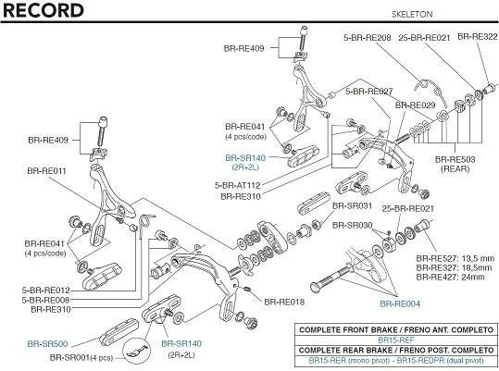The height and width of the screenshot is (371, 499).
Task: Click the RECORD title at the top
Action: [x=43, y=10]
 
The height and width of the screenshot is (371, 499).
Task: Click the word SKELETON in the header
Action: [x=412, y=14]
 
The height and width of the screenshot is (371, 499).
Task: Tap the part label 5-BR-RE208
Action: [x=368, y=38]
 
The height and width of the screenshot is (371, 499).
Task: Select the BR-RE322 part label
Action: [x=478, y=37]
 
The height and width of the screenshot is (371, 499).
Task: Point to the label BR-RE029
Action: [x=415, y=105]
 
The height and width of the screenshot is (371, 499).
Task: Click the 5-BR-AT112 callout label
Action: [x=237, y=185]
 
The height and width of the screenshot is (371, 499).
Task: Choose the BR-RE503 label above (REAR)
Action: [x=455, y=159]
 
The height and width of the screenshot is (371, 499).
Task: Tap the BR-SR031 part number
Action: [x=352, y=205]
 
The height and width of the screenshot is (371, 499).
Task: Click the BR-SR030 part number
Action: [x=353, y=226]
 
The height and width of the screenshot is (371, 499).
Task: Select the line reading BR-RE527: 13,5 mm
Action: [x=455, y=258]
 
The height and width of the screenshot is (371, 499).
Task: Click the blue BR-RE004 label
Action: [x=400, y=303]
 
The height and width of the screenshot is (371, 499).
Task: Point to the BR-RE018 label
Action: [x=284, y=302]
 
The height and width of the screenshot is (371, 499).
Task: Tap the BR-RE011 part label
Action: [x=47, y=171]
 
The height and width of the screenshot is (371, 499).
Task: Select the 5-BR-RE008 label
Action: [x=46, y=300]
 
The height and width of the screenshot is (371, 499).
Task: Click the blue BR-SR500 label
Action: [x=47, y=344]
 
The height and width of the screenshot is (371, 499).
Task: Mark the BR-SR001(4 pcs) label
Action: [x=81, y=358]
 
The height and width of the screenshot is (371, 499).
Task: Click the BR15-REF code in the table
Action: [x=396, y=340]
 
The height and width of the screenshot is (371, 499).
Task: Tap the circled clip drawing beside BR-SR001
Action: [x=137, y=351]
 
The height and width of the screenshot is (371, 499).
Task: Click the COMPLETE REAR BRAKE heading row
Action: [x=396, y=351]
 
